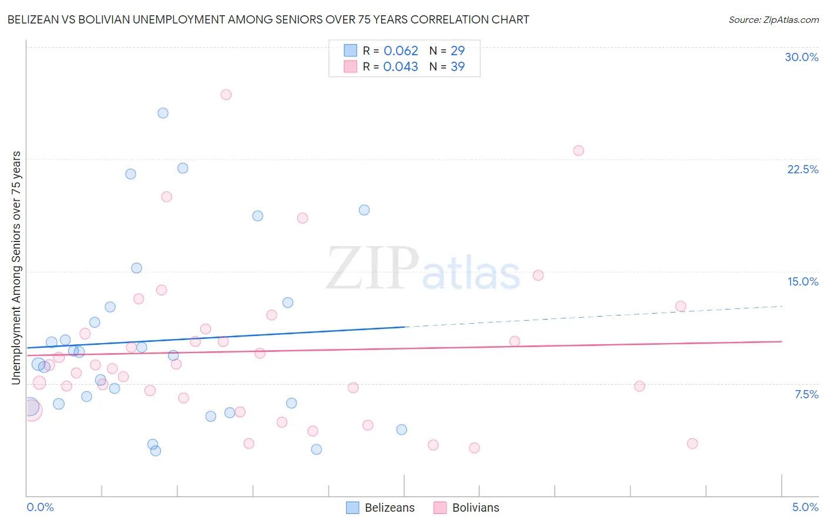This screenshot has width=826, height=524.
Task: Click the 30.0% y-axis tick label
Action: coord(801,57)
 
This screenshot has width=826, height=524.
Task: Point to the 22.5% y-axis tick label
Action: coord(803,169)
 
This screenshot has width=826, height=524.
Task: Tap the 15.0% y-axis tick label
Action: coord(803,281)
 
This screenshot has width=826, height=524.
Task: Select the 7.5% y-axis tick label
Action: coord(806,394)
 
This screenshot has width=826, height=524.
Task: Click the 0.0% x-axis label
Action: coord(40,507)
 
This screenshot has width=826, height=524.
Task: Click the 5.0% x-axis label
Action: coord(805,507)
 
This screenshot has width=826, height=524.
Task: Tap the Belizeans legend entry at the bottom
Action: coord(380,508)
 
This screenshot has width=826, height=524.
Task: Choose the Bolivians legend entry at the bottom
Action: coord(466,508)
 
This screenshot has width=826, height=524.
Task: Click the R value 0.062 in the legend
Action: coord(401,51)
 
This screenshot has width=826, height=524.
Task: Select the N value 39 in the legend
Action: coord(457,66)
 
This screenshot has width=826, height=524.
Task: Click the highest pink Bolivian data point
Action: coord(226,95)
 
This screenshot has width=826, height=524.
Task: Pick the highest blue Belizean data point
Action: coord(163,113)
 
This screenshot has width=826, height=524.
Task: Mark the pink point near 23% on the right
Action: coord(579,150)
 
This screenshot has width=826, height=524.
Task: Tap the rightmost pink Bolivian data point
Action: coord(692,444)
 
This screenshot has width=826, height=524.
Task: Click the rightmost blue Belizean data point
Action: coord(402,429)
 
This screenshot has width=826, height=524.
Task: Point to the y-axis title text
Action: coord(16,268)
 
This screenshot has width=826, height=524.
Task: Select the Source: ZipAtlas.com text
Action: coord(773,19)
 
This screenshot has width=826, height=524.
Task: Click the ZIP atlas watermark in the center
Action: coord(423,269)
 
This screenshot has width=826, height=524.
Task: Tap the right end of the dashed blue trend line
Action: coord(782,306)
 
